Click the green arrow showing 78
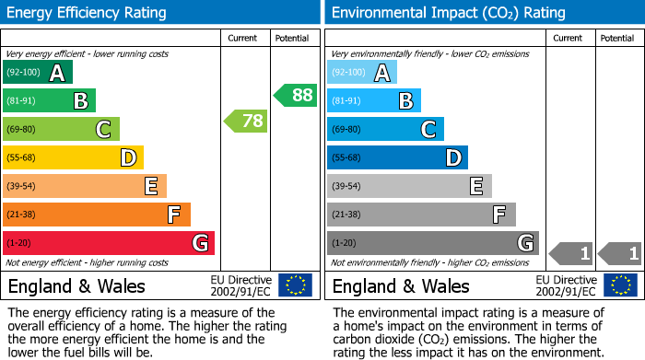point(245,121)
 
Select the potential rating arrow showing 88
point(295,95)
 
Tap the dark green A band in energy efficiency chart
point(38,73)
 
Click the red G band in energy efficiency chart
point(109,243)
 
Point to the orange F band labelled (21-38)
point(97,215)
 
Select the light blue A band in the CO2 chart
point(362,73)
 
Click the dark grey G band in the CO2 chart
point(433,243)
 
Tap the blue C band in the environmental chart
point(385,130)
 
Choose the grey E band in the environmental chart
point(409,186)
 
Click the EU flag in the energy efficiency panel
point(295,285)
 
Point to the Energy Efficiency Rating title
point(88,13)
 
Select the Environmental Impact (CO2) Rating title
point(448,13)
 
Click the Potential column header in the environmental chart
point(617,38)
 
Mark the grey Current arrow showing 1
point(570,252)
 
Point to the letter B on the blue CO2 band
point(405,101)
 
